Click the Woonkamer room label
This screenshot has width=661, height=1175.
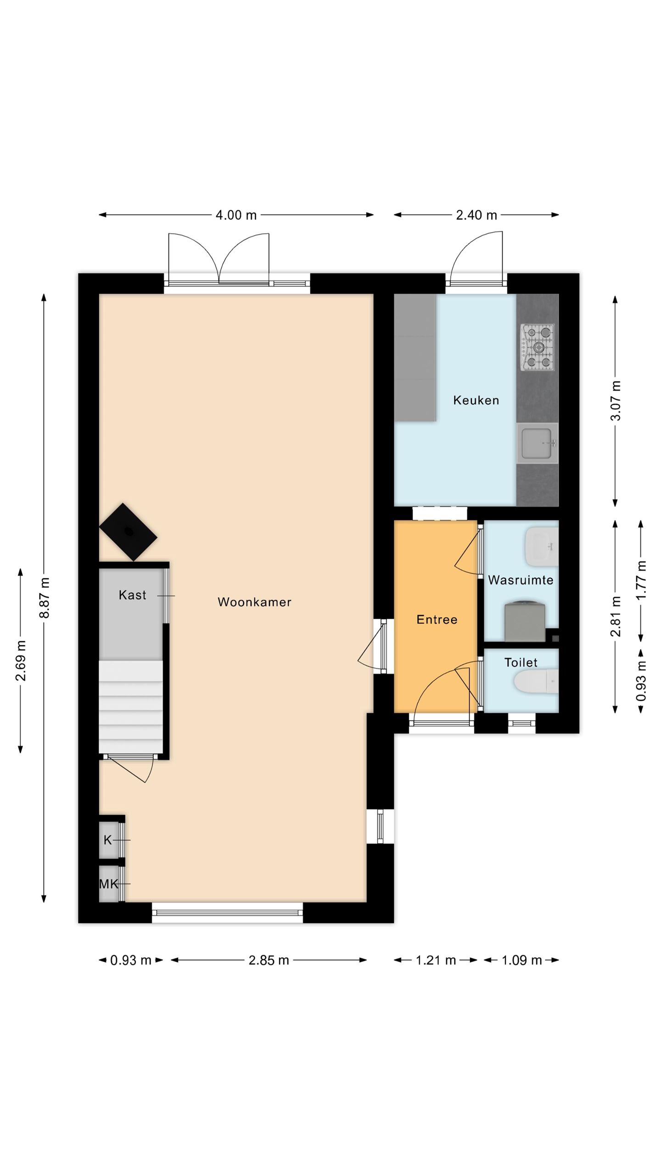(x=254, y=602)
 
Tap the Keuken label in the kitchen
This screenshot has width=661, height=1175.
(x=476, y=400)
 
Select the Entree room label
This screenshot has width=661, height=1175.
(x=437, y=620)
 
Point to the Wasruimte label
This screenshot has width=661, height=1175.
(x=521, y=580)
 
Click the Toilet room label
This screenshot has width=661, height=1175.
(x=521, y=662)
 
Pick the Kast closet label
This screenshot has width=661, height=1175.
(x=132, y=595)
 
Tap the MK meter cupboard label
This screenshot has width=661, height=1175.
(x=109, y=884)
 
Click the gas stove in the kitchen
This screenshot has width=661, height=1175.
(x=537, y=347)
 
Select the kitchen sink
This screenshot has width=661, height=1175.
(x=537, y=443)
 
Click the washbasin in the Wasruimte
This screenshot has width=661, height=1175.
(x=542, y=546)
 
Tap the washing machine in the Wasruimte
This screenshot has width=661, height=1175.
(x=525, y=621)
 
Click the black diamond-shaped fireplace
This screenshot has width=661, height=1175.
(x=129, y=532)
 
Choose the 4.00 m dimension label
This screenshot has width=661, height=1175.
(x=236, y=215)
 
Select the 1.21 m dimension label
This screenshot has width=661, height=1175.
(x=436, y=960)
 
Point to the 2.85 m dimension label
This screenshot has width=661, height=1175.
(x=269, y=960)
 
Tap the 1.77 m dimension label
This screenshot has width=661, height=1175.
(x=642, y=580)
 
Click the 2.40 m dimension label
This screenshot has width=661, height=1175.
(x=476, y=215)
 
